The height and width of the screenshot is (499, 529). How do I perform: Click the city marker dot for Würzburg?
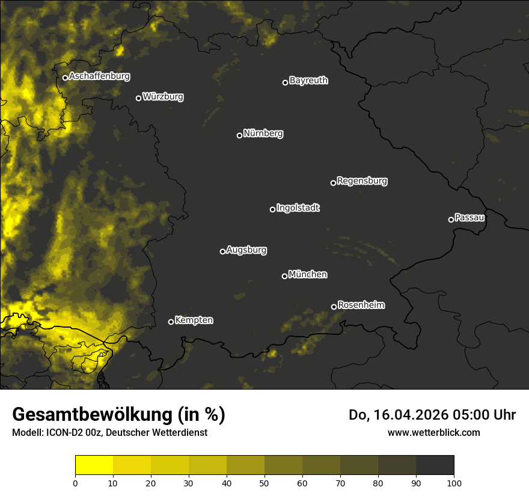[138, 98]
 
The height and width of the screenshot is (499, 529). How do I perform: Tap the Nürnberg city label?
[263, 133]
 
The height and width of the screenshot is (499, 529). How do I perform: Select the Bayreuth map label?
[308, 81]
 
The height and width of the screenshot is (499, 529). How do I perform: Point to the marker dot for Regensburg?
[333, 183]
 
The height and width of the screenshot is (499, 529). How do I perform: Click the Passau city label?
[469, 218]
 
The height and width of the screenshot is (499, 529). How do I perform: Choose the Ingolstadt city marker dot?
[272, 209]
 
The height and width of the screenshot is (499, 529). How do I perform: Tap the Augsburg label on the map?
[246, 250]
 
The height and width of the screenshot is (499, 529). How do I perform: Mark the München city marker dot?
[284, 276]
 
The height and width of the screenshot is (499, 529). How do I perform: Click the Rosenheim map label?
[361, 305]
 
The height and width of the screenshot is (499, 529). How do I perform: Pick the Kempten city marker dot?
[171, 322]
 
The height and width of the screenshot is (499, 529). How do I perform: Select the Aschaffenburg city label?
[99, 76]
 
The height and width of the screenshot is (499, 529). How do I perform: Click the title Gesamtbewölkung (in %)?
[118, 415]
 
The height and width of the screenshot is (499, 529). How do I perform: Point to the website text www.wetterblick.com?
[433, 432]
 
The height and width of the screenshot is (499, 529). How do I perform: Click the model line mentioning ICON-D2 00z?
[109, 433]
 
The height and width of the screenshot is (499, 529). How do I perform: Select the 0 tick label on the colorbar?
[75, 482]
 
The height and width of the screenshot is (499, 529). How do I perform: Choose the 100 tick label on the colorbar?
[454, 482]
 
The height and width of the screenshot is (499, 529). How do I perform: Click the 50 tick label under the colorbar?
[264, 482]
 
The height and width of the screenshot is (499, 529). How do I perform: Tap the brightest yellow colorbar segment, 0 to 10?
[94, 465]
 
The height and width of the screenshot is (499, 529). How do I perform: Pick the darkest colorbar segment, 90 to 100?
[435, 465]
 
